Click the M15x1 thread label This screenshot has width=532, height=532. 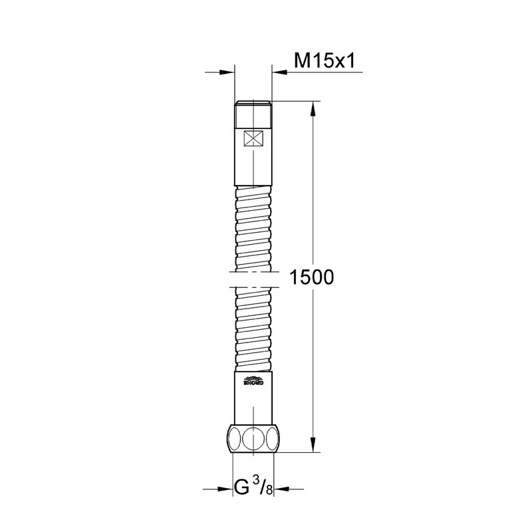point(327,61)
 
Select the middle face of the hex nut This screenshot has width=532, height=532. point(253,440)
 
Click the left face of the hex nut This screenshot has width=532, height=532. point(235,440)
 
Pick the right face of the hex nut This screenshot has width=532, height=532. point(272,440)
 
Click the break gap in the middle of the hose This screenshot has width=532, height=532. point(253,279)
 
